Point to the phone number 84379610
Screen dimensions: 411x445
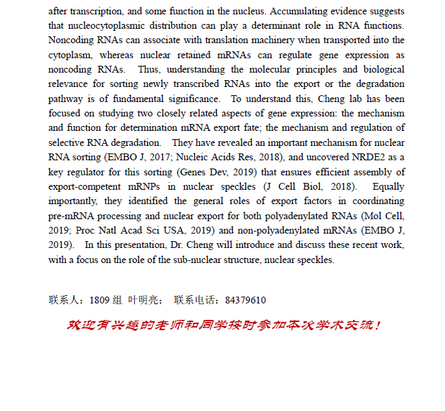tap(245, 301)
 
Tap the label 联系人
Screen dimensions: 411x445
tap(66, 301)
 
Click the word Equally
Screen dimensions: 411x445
tap(388, 186)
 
